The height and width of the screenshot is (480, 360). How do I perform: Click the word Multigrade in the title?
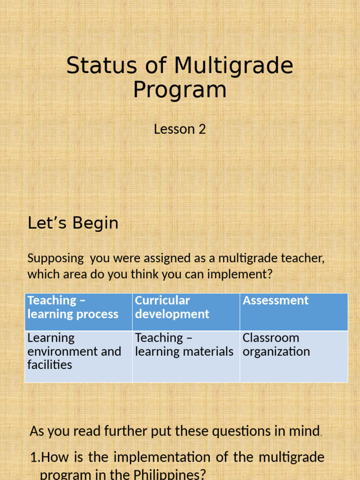tap(234, 66)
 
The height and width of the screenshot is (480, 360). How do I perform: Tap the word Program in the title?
tap(180, 90)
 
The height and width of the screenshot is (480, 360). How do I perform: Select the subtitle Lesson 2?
tap(180, 129)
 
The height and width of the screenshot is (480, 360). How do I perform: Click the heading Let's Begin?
tap(73, 223)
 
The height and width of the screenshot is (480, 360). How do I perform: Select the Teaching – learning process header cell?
tap(78, 312)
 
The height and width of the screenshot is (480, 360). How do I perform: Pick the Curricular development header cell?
tap(186, 312)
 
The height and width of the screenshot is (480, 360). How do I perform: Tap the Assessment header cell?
tap(293, 312)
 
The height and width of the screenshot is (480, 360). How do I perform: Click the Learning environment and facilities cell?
tap(78, 356)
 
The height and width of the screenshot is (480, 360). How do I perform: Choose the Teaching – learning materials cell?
tap(186, 356)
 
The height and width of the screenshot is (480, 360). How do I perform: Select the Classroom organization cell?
tap(293, 356)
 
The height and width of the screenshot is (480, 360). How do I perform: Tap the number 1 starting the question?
tap(33, 457)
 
